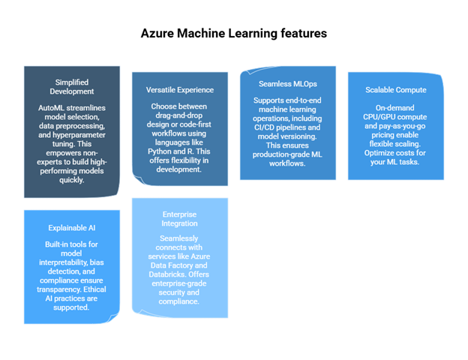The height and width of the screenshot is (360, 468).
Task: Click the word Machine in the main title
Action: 202,33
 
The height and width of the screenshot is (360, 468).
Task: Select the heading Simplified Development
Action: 72,87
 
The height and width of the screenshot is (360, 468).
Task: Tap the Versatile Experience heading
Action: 180,90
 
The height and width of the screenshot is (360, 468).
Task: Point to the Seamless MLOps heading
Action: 288,84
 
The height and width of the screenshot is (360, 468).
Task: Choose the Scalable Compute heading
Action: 396,90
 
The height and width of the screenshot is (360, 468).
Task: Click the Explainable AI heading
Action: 72,228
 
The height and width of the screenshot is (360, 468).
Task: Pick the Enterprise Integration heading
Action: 179,219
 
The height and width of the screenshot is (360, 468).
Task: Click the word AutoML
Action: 51,108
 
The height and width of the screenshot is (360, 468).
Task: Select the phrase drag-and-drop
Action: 178,115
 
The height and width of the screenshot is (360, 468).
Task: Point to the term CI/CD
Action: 264,127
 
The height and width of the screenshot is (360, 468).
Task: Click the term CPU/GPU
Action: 379,117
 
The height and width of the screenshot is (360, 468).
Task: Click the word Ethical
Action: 94,289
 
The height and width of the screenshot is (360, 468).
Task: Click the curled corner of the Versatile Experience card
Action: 139,180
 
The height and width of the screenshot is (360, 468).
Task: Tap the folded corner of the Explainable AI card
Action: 112,318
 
